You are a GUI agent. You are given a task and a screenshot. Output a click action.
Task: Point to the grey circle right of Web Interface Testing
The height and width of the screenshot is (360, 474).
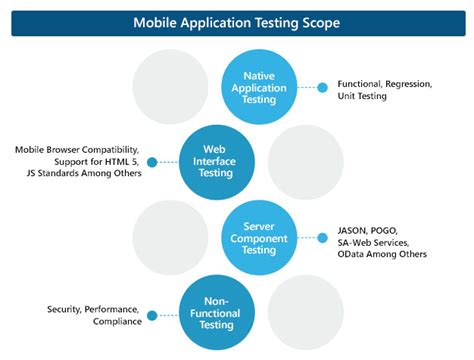pos(305,160)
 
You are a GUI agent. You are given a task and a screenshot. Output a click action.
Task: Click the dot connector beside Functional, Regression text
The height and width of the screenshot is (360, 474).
pos(322,87)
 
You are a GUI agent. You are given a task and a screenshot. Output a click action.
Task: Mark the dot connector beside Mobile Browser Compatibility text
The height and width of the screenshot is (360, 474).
pos(151,162)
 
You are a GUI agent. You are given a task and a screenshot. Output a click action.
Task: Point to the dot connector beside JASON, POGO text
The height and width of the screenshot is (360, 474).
pos(322,240)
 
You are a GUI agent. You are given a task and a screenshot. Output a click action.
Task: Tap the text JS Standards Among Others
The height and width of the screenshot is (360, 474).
pos(78,175)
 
